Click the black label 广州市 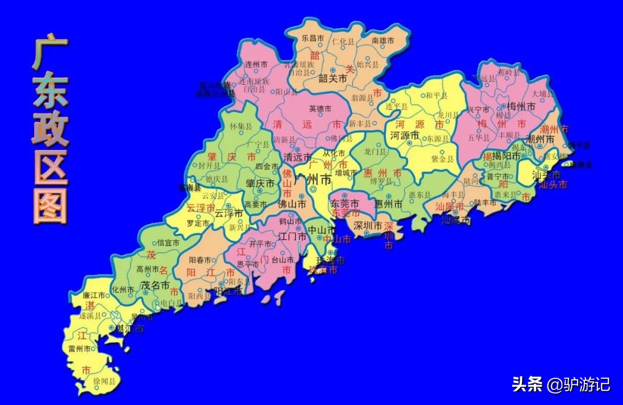click(313, 180)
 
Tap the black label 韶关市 click(333, 79)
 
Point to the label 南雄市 click(382, 41)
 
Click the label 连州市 click(257, 64)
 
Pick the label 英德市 click(320, 108)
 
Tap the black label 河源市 click(404, 136)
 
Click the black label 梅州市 click(521, 106)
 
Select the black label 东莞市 click(344, 204)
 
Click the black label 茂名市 click(155, 285)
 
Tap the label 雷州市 click(80, 349)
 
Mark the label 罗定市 click(197, 223)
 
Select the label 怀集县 click(241, 126)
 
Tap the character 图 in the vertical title click(50, 204)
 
